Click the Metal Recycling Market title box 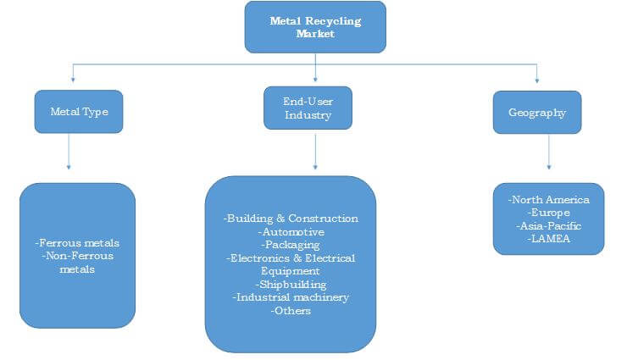click(315, 26)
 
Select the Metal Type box click(79, 111)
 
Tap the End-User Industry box click(308, 108)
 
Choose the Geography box click(537, 112)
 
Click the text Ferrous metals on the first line click(78, 243)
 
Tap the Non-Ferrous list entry click(78, 256)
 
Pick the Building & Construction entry click(291, 219)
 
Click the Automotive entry click(291, 231)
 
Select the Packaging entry click(291, 244)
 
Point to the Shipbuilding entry click(291, 285)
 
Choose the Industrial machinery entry click(291, 297)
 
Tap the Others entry click(291, 311)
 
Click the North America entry click(549, 200)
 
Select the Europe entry click(549, 213)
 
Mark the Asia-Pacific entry click(549, 226)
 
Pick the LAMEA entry click(549, 239)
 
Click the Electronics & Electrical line click(291, 258)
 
